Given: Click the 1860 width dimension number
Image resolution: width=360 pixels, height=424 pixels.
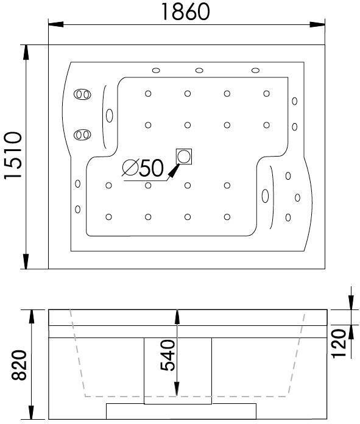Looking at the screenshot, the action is [185, 12].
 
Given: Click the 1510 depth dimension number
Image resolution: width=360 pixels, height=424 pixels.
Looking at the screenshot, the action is [13, 155].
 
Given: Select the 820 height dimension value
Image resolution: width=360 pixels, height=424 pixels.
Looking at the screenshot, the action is [19, 365].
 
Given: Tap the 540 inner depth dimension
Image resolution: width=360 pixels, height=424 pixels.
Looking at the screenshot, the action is [168, 355].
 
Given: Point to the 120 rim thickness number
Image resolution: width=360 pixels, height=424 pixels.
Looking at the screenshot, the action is [339, 344].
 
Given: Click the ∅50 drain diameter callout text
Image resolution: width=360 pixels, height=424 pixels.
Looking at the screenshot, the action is [143, 168].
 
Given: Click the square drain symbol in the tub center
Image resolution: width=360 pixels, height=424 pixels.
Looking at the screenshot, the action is [184, 157].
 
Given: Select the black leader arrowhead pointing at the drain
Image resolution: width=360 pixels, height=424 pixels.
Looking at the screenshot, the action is [174, 171].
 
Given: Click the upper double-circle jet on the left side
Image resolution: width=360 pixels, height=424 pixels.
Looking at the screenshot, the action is [82, 94].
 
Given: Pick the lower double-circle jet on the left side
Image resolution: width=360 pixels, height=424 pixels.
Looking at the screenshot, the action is [82, 135].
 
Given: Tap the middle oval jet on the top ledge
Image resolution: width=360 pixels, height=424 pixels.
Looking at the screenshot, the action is [199, 71].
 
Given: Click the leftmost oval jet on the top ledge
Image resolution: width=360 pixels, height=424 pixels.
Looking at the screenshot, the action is [156, 71].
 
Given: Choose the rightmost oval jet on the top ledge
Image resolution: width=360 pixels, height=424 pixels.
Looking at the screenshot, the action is [255, 71].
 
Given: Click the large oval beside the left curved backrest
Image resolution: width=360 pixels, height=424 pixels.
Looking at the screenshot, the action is [110, 116].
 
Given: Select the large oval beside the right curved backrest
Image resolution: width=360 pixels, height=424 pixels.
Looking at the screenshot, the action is [265, 196].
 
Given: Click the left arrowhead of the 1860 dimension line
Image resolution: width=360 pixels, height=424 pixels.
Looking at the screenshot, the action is [55, 24].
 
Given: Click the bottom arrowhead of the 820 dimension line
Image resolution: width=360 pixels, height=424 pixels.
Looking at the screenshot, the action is [32, 412].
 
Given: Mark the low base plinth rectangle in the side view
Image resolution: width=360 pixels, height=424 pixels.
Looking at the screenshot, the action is [181, 412].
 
